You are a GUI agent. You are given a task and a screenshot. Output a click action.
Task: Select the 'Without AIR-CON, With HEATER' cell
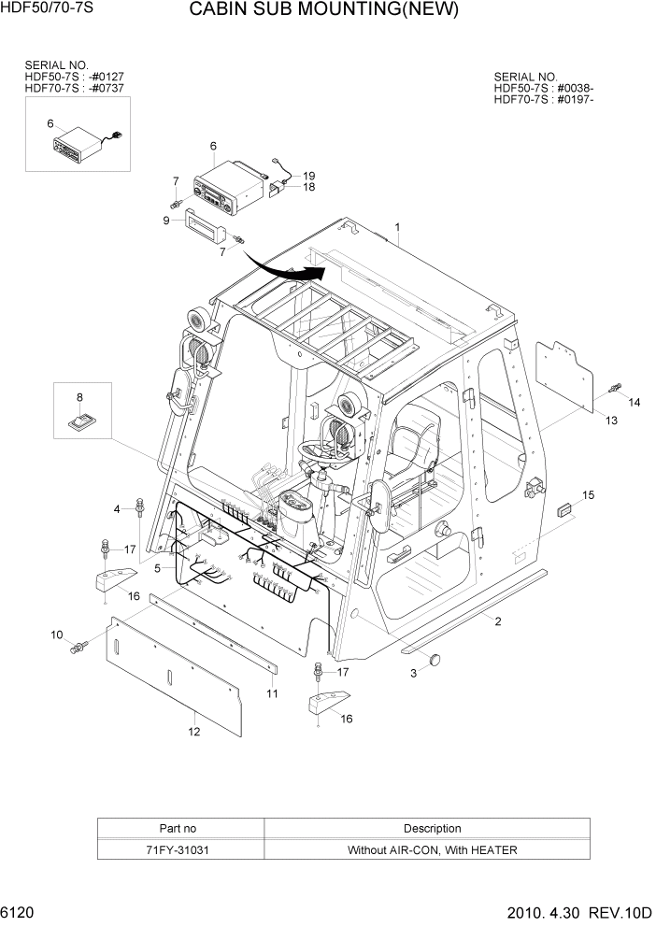coord(431,849)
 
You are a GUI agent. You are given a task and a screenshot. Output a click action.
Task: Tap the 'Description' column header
coord(431,828)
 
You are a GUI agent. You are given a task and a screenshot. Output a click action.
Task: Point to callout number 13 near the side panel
coord(611,421)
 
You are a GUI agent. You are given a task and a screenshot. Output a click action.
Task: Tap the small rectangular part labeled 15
coord(563,509)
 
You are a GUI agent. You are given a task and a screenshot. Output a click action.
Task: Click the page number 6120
coord(21,912)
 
